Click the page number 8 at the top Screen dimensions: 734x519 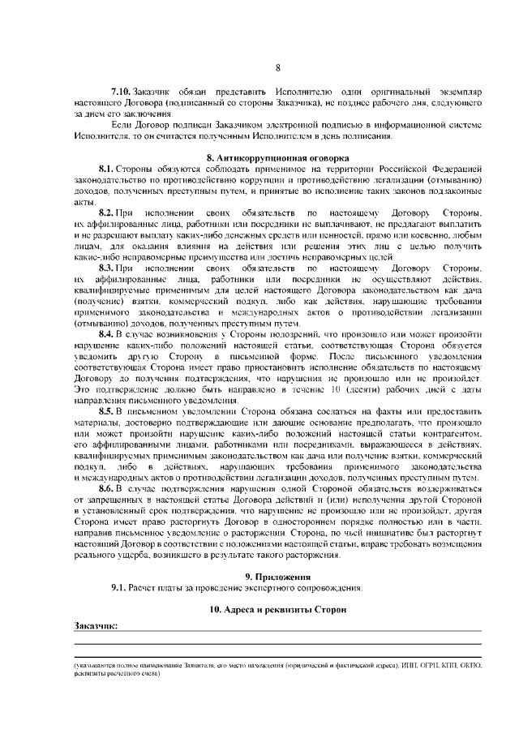coord(277,68)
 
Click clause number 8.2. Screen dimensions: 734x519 coord(108,212)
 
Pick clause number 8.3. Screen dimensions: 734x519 coord(108,267)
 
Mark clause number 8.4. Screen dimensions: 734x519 coord(108,333)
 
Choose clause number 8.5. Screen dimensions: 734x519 coord(108,411)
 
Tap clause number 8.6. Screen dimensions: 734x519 coord(108,489)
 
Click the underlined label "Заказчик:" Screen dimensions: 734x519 coord(96,626)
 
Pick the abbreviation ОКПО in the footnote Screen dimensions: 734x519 coord(469,665)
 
